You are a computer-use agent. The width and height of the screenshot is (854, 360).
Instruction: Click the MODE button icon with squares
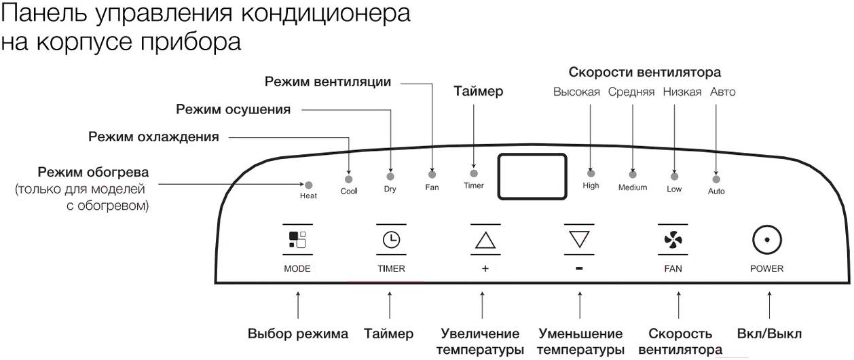tap(297, 240)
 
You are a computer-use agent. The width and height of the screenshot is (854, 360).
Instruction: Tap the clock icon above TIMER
tap(391, 240)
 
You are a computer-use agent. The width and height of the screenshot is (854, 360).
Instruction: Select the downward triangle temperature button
tap(579, 239)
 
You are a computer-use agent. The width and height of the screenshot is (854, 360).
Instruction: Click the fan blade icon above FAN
tap(673, 240)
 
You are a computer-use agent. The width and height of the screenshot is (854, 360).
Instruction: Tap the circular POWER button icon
tap(766, 240)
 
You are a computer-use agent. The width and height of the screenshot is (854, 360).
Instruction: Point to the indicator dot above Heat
tap(309, 185)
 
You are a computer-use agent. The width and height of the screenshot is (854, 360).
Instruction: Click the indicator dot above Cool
tap(348, 179)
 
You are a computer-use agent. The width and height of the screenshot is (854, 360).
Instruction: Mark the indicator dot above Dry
tap(390, 177)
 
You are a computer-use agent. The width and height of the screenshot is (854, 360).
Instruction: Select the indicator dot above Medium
tap(633, 175)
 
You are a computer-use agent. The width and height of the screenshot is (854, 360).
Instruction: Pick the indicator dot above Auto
tap(716, 179)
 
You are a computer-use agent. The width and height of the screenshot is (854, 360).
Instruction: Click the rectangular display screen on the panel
tap(532, 177)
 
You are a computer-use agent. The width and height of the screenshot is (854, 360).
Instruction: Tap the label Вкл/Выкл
tap(769, 334)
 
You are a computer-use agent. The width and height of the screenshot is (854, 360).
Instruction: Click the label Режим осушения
tap(234, 109)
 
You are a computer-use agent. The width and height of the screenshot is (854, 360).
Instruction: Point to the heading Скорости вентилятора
tap(645, 72)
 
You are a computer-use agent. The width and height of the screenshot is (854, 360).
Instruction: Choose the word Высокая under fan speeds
tap(576, 92)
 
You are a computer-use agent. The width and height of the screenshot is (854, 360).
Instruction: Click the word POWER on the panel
tap(766, 268)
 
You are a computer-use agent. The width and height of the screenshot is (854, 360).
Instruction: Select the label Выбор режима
tap(298, 334)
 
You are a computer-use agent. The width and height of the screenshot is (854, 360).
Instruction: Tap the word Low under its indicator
tap(674, 189)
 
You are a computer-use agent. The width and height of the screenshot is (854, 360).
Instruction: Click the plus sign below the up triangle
tap(485, 268)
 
